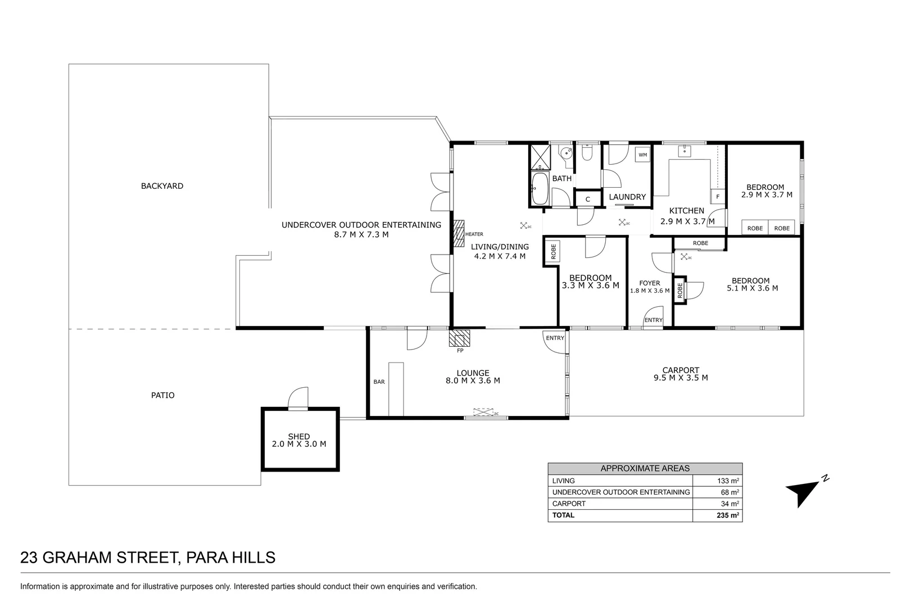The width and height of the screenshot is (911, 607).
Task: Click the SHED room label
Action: coord(299,437)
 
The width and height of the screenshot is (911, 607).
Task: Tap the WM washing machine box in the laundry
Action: coord(642,155)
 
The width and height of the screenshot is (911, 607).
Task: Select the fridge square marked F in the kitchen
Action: coord(718,197)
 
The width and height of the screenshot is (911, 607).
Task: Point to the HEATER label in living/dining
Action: coord(474,234)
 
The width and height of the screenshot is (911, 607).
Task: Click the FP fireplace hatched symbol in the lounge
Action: coord(459,338)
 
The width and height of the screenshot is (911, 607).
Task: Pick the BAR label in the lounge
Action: coord(379,382)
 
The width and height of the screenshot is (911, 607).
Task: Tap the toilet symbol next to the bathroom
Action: coord(587,152)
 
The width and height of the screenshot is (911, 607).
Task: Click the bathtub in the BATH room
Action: coord(540,189)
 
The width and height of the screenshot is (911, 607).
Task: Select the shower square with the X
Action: coord(541,157)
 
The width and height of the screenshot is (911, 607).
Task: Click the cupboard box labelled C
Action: coord(588,200)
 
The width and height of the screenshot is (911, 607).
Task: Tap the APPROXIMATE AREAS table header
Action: coord(645,469)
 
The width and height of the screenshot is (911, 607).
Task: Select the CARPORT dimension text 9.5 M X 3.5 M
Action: coord(681,378)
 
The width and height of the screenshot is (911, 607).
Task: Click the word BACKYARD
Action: coord(162,186)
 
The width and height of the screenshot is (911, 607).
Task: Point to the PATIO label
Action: coord(162,395)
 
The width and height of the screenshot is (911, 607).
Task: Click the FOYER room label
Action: coord(650,283)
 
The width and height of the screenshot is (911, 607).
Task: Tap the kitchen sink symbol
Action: coord(685,151)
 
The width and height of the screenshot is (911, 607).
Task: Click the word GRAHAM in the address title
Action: coord(77,558)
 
